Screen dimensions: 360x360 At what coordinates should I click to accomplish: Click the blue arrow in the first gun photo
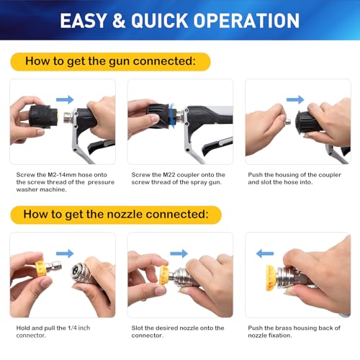(x=65, y=99)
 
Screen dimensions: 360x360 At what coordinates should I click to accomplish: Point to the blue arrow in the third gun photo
(x=295, y=99)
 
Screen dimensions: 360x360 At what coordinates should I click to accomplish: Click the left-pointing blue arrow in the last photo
(x=265, y=253)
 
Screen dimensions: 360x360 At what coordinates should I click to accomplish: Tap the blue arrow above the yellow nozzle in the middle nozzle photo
(x=179, y=253)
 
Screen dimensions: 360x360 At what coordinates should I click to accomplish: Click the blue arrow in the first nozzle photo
(x=65, y=253)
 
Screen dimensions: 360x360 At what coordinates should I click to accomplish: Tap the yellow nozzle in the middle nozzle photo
(x=165, y=274)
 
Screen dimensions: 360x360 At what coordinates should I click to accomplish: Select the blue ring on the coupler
(x=170, y=114)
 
